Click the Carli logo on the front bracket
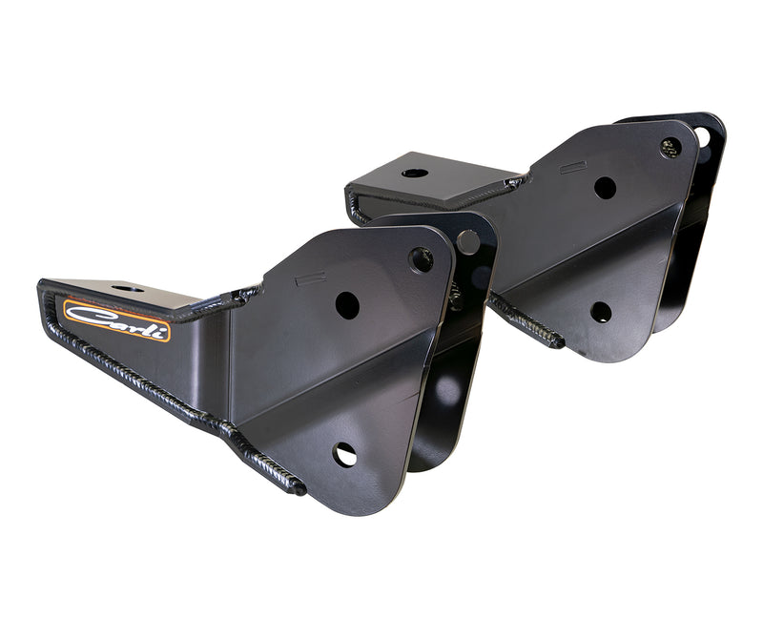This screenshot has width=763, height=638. click(116, 321)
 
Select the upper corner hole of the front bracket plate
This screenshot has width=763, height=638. click(421, 259)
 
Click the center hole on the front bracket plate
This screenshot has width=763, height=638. click(347, 305)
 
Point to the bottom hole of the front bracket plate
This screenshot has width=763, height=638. click(344, 455)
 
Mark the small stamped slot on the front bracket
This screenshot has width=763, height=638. click(311, 280)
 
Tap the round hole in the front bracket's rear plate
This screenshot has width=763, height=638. click(468, 242)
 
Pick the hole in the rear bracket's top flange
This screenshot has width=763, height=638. click(415, 173)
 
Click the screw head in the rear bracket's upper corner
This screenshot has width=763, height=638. click(670, 148)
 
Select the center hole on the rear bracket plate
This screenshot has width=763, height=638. click(605, 188)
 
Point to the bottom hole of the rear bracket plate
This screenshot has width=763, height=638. click(601, 312)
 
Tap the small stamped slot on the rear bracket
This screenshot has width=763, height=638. click(572, 168)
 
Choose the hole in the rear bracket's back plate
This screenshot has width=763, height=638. click(703, 137)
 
